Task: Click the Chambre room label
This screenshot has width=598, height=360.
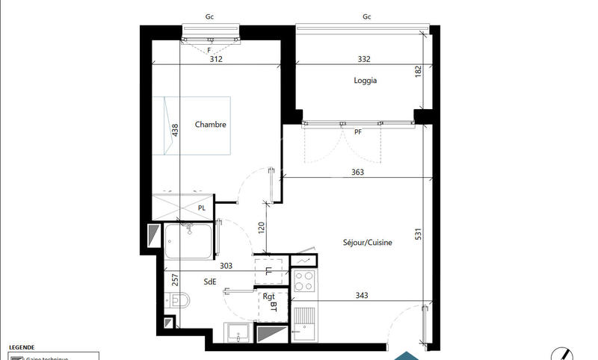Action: tap(210, 125)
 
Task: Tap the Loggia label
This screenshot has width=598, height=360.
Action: tap(366, 81)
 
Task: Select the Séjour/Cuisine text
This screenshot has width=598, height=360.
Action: tap(368, 242)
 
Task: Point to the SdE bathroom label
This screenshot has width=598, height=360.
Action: tap(210, 282)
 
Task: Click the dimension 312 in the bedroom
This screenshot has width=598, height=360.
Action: tap(217, 59)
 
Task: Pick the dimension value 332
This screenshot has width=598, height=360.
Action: tap(365, 59)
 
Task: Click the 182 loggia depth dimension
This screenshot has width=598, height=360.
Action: tap(418, 72)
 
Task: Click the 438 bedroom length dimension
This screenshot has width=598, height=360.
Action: tap(175, 130)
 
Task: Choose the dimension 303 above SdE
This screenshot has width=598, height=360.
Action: tap(226, 265)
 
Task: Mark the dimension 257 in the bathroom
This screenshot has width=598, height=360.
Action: tap(175, 280)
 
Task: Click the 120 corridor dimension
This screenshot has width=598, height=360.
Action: tap(262, 228)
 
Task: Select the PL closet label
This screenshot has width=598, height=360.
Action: tap(202, 208)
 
